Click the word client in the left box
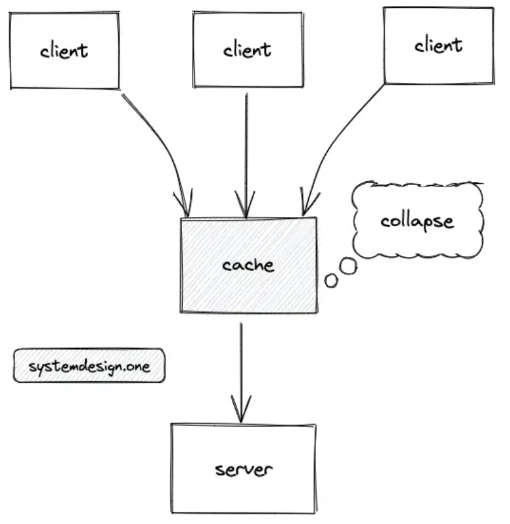[x=64, y=51]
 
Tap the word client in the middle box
[x=247, y=50]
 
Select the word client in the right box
[x=439, y=45]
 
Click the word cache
[x=249, y=265]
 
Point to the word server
[x=244, y=470]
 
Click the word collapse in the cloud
[x=417, y=221]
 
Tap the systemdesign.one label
[x=89, y=366]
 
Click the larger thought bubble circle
[x=349, y=266]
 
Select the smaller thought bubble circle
[x=331, y=281]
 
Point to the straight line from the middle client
[x=246, y=156]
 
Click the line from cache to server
[x=241, y=373]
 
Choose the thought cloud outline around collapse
[x=353, y=220]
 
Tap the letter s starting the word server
[x=220, y=470]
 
